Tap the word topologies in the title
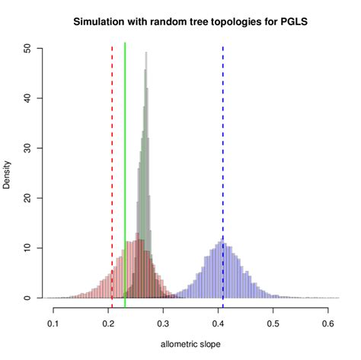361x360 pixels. tap(222, 22)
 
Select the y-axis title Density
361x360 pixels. tap(8, 173)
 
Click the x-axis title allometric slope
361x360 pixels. tap(190, 345)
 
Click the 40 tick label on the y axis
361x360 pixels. tap(28, 97)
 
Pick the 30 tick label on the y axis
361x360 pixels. tap(28, 148)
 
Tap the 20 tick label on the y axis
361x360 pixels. tap(28, 198)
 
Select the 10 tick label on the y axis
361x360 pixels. tap(28, 248)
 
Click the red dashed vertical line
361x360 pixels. tap(113, 152)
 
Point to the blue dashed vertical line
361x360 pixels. tap(223, 152)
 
